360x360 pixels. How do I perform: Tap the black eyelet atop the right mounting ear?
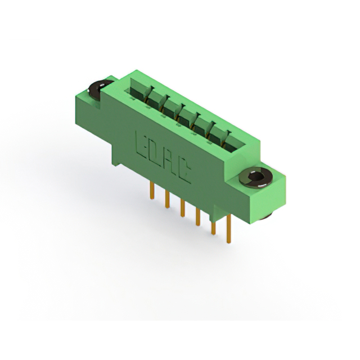click(256, 177)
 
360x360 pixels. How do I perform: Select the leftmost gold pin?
click(152, 190)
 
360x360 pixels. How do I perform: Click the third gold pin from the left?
click(182, 208)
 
